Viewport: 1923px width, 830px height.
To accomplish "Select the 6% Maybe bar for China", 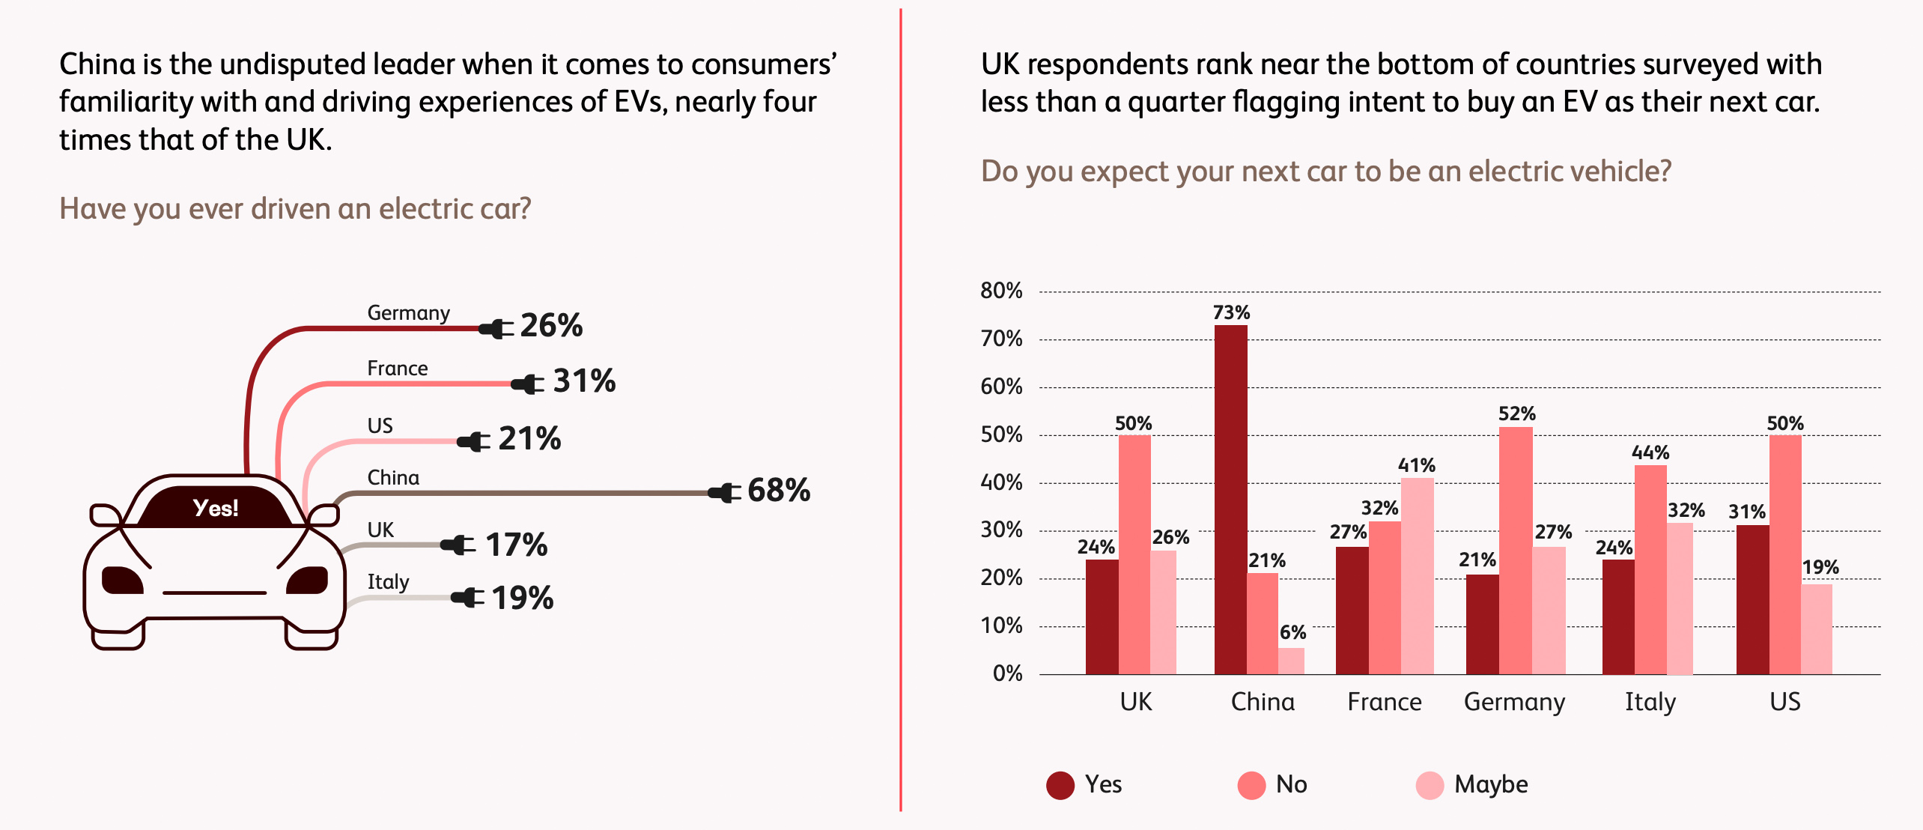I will [x=1290, y=661].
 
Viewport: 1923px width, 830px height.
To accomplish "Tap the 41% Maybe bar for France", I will [x=1417, y=576].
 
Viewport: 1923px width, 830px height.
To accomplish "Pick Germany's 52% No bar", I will [x=1516, y=551].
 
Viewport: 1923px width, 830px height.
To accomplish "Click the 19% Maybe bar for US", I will [x=1817, y=629].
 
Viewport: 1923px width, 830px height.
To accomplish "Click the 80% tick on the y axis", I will [x=1001, y=291].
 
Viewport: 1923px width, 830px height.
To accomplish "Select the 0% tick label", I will [x=1007, y=673].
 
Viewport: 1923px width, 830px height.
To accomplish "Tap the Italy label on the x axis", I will [x=1650, y=702].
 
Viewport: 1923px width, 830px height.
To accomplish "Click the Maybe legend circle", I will [x=1430, y=785].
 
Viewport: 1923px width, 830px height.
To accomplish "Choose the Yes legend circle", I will [x=1060, y=785].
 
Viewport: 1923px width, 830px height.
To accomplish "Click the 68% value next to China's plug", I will [x=779, y=491].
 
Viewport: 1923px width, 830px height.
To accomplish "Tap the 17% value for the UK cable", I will [x=516, y=545].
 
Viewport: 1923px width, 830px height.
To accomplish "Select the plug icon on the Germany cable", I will [x=496, y=328].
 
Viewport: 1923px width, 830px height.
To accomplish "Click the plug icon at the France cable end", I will [x=528, y=384].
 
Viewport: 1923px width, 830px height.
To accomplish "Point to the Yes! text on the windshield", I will [x=216, y=508].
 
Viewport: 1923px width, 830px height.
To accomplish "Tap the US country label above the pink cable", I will [x=380, y=425].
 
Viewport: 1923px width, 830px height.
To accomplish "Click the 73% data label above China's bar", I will [x=1231, y=312].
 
